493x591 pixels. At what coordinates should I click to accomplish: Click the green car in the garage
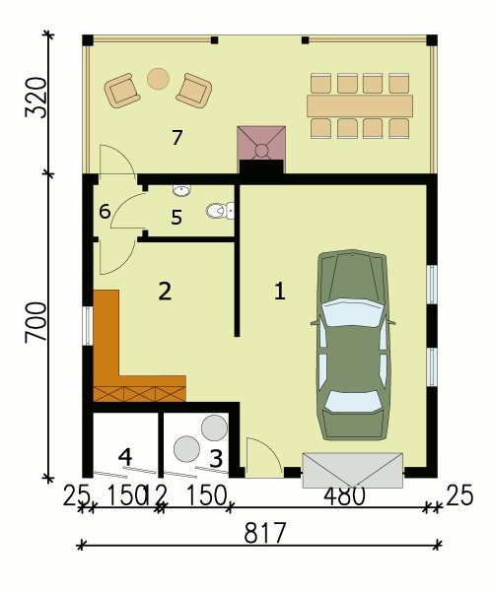click(352, 345)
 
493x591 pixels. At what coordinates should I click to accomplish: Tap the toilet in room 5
click(221, 211)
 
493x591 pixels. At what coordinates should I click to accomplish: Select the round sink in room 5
click(181, 190)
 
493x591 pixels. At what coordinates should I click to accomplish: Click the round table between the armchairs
click(158, 79)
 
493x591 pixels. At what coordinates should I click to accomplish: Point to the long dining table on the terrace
click(360, 106)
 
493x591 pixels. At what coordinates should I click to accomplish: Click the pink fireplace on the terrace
click(261, 143)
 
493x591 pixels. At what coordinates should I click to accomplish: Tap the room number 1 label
click(279, 292)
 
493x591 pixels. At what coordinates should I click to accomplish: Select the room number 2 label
click(165, 292)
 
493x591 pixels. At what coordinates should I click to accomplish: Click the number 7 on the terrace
click(176, 138)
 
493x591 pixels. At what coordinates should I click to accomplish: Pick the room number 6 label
click(105, 212)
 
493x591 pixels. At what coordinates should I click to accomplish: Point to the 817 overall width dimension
click(265, 533)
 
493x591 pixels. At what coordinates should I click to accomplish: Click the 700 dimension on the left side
click(36, 323)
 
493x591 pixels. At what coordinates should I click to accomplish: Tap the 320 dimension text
click(36, 98)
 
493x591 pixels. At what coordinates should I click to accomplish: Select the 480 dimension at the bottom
click(344, 496)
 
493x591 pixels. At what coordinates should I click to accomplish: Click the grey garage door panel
click(353, 471)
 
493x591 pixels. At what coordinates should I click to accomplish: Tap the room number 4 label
click(125, 457)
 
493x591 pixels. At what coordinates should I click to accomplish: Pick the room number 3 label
click(216, 459)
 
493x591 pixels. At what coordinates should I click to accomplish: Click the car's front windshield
click(352, 312)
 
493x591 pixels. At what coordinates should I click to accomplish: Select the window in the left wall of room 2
click(88, 326)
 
